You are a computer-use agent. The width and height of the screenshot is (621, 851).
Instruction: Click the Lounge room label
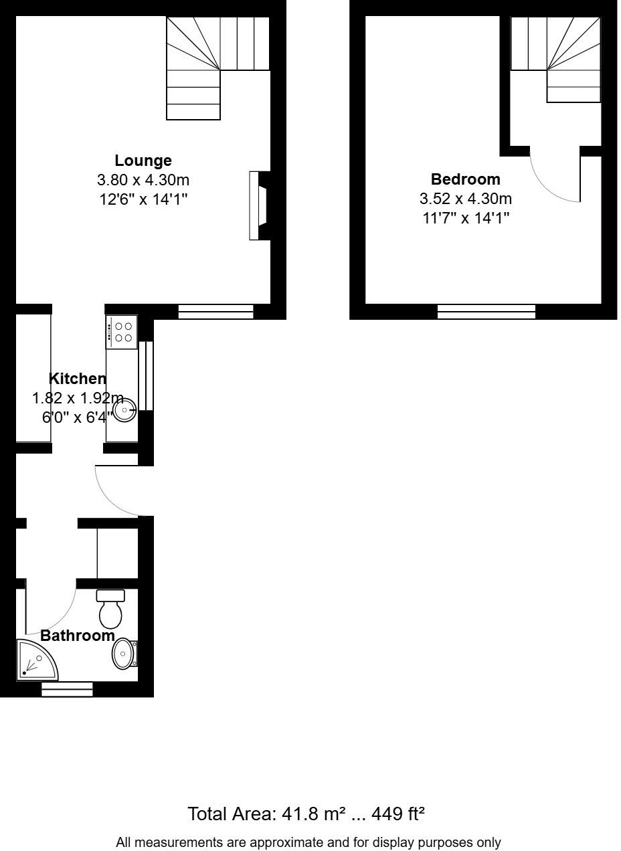point(143,161)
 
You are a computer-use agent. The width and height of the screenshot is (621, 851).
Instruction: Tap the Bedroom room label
point(465,179)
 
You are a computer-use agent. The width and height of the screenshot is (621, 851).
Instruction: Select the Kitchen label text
point(78,379)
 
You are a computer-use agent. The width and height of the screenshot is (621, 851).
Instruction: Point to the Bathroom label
point(78,636)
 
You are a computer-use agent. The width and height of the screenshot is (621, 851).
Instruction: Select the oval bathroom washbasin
point(123,654)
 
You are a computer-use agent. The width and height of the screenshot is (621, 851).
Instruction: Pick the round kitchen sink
point(124,409)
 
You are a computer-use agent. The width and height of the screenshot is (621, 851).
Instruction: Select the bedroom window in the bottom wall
point(486,311)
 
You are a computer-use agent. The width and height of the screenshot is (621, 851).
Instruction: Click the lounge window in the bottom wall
point(215,311)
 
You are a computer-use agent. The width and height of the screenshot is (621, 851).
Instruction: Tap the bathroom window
point(67,689)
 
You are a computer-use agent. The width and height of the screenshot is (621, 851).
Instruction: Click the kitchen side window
point(146,375)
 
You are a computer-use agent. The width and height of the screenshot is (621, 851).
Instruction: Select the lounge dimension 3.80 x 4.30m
point(143,180)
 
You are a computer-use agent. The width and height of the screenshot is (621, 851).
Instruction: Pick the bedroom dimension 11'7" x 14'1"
point(466,217)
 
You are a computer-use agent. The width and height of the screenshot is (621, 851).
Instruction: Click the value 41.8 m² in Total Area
point(310,814)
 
